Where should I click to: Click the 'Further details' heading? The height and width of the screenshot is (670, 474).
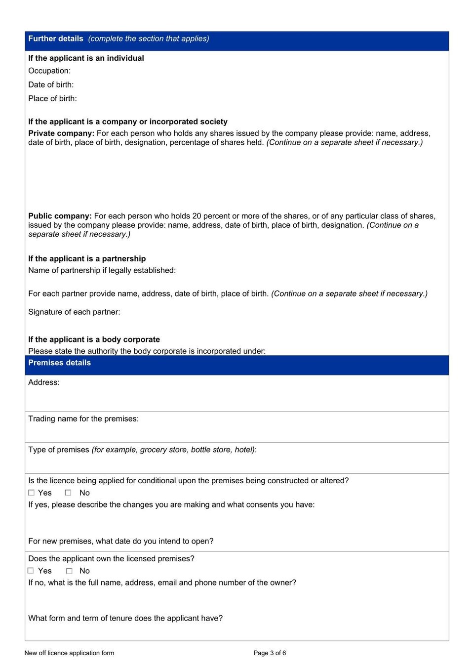pos(56,39)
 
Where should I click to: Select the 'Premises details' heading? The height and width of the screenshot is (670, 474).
pos(59,363)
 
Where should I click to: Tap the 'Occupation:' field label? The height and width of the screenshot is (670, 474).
pos(49,71)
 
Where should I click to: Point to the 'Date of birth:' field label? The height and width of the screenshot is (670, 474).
pos(51,84)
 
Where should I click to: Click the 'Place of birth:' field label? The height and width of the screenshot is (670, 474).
pos(52,98)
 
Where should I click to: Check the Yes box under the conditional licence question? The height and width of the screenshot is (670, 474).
pos(31,493)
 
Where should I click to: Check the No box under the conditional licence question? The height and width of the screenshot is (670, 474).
pos(68,493)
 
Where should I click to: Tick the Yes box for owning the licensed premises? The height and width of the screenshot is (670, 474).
pos(31,571)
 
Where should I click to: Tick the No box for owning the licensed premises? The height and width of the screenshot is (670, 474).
pos(69,571)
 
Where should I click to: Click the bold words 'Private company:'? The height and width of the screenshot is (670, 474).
pos(61,133)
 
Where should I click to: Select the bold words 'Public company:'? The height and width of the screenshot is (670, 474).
pos(60,216)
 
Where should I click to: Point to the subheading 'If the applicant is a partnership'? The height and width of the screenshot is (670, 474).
pos(87,258)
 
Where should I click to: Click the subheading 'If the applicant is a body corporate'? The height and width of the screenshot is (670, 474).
pos(94,339)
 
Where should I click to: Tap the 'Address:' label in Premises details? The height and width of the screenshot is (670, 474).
pos(44,382)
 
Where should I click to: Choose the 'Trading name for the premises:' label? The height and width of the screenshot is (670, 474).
pos(83,419)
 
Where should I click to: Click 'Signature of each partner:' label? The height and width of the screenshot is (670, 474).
pos(74,312)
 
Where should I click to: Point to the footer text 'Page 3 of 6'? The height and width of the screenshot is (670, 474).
pos(270,653)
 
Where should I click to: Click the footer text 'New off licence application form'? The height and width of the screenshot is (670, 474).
pos(69,653)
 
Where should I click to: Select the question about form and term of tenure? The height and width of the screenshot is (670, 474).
pos(125,618)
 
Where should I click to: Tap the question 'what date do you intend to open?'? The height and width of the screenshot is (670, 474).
pos(121,541)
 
